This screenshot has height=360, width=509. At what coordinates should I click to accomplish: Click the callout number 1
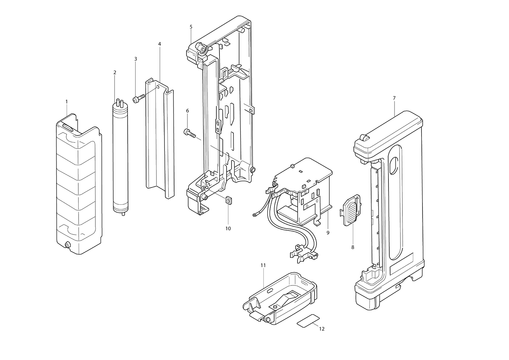66,102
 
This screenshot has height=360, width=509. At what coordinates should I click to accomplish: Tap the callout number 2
115,73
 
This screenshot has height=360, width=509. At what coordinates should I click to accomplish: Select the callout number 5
191,27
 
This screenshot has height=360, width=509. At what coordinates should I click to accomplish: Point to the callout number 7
394,98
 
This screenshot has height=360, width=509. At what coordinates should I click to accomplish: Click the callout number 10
228,229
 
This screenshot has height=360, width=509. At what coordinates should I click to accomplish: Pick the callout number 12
322,329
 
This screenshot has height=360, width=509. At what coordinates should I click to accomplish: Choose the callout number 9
328,233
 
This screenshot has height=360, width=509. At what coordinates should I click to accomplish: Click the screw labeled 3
138,99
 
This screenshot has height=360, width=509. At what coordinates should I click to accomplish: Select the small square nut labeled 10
228,201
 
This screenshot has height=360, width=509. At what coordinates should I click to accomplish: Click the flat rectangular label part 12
308,321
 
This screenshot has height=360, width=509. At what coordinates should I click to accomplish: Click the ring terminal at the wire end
254,215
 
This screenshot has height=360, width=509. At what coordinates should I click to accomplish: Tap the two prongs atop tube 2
120,102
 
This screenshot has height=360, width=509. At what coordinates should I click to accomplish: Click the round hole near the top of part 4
158,88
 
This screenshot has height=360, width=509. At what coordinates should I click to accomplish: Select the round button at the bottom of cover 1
67,245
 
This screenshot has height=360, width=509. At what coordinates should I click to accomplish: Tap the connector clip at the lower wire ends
303,254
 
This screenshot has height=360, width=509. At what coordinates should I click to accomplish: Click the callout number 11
263,265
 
